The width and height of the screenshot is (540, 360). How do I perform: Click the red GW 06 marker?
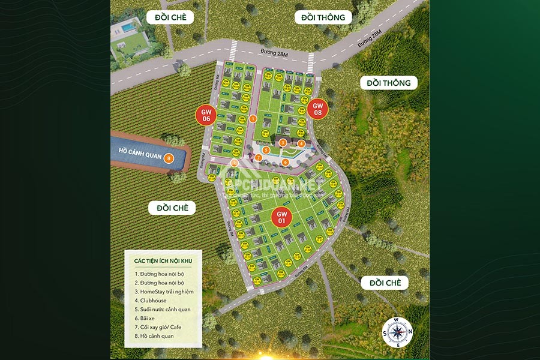coord(206,115)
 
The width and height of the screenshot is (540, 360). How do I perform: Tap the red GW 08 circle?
coord(317,109)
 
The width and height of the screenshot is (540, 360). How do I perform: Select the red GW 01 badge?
coord(283,217)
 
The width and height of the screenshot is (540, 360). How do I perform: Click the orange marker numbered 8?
coord(169,158)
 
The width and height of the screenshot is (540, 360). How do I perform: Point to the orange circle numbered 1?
coord(253,119)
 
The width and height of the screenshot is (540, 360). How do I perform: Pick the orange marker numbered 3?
coord(282,142)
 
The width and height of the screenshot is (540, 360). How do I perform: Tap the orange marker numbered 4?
coord(301,143)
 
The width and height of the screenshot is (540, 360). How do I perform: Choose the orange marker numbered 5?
coord(265,149)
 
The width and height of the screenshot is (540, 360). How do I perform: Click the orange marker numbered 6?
coord(286,161)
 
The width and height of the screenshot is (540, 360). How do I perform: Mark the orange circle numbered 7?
coord(258,157)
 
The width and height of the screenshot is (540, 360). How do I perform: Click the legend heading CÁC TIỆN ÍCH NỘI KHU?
coord(162,260)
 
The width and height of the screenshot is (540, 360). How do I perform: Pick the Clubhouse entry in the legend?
coord(151,300)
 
